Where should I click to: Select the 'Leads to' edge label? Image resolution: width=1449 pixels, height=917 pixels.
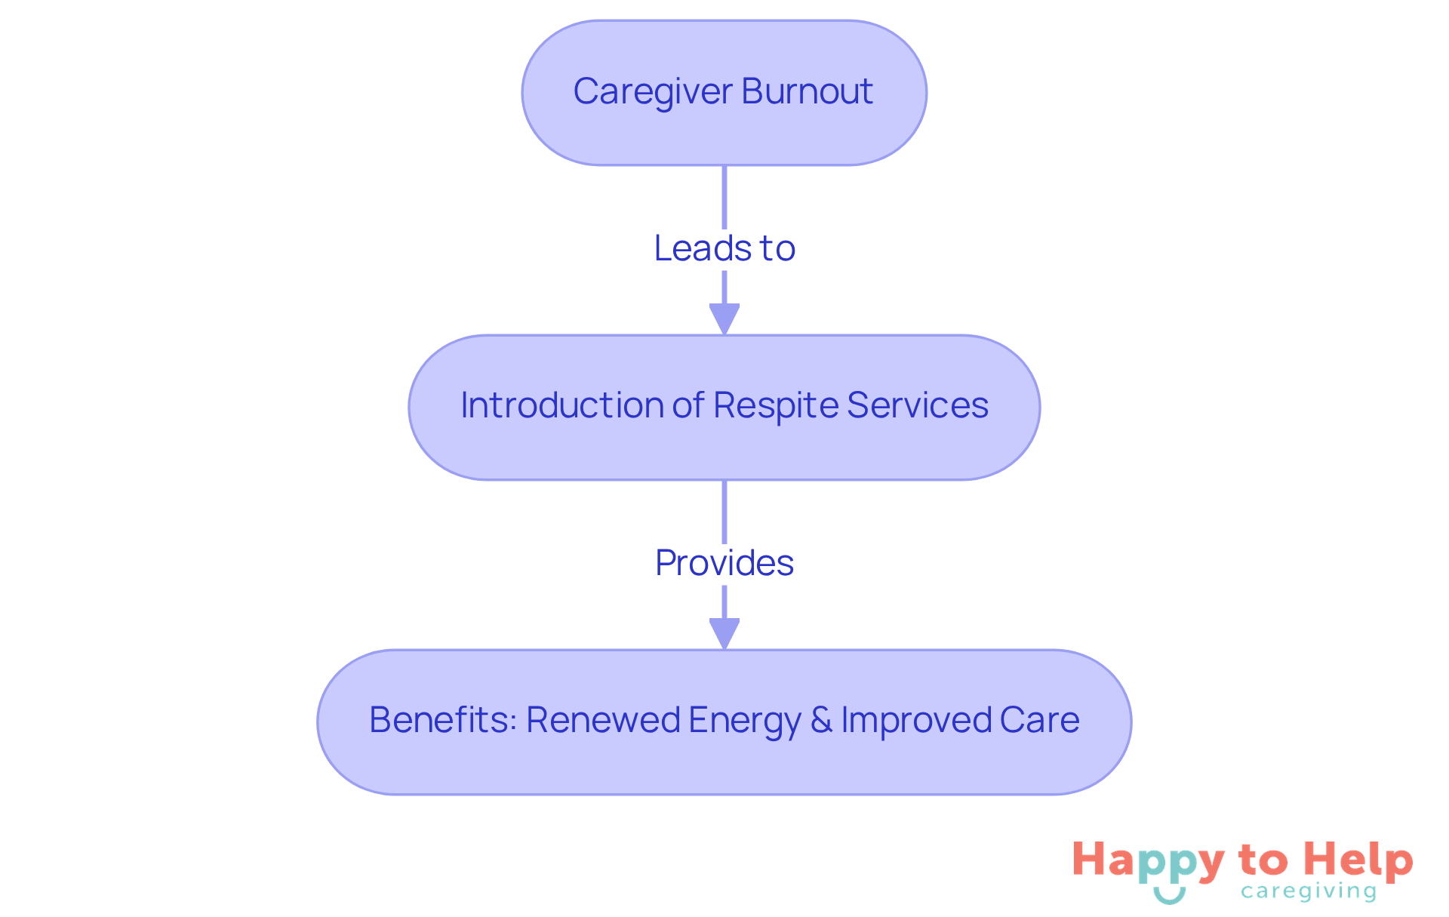(724, 248)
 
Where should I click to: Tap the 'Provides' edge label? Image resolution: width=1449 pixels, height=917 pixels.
(724, 563)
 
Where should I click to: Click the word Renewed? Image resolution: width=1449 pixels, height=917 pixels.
(603, 720)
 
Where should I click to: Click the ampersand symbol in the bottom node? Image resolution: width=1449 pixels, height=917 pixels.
(821, 720)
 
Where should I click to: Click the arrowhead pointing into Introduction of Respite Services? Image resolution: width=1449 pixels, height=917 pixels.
(724, 318)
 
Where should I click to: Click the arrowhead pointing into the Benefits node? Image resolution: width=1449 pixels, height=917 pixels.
(724, 633)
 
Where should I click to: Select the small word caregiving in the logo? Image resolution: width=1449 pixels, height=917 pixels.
(1309, 892)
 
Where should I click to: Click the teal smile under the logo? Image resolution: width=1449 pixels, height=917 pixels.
(1169, 896)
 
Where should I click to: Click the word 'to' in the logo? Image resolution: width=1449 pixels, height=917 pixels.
(1263, 860)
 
